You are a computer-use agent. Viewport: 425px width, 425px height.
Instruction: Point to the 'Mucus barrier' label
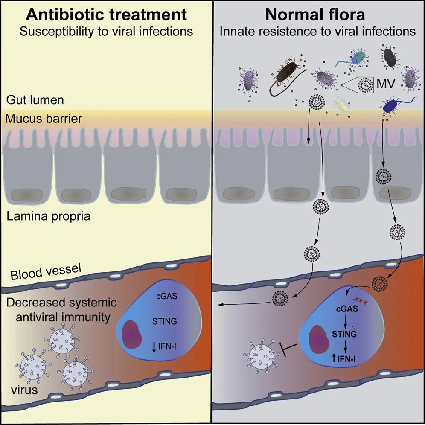pyautogui.click(x=44, y=118)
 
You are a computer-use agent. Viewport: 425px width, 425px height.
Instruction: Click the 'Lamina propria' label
pyautogui.click(x=49, y=216)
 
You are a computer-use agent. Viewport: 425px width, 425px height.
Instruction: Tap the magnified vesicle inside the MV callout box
pyautogui.click(x=365, y=84)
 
